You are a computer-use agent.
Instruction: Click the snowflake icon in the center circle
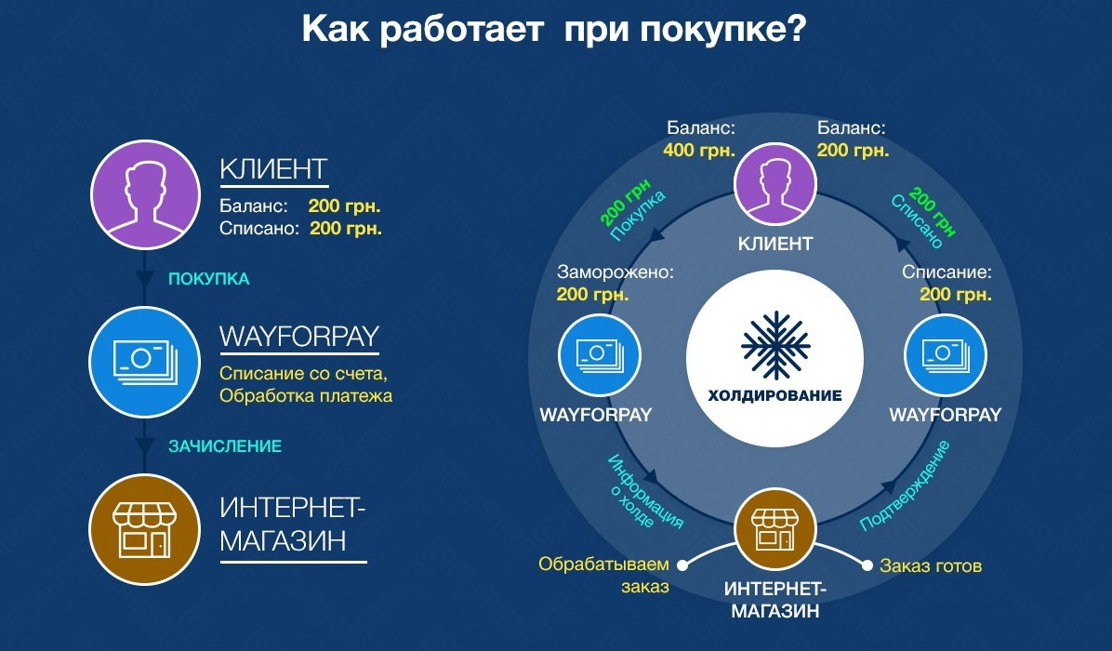point(775,345)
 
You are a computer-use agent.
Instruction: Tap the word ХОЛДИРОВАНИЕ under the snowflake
point(775,395)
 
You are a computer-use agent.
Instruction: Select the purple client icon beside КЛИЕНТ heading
point(145,195)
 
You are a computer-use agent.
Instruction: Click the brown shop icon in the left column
point(145,529)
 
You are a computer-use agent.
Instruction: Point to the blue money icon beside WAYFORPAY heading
point(145,362)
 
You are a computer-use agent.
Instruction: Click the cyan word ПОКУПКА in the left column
point(208,279)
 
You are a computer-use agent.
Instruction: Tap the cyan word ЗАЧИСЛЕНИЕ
point(225,446)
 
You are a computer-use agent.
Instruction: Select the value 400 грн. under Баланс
point(699,151)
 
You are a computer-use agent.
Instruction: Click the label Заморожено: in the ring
point(615,272)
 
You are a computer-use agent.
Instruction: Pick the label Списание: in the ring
point(947,272)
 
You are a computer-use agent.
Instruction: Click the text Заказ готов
point(931,565)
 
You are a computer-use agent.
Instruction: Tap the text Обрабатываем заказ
point(604,575)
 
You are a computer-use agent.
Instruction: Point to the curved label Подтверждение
point(906,486)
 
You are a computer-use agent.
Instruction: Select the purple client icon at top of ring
point(775,184)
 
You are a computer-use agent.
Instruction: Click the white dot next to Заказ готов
point(867,565)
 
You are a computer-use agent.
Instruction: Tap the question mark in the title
point(796,30)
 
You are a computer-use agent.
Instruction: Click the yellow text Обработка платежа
point(306,395)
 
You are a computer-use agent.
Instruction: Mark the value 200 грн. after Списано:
point(346,229)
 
